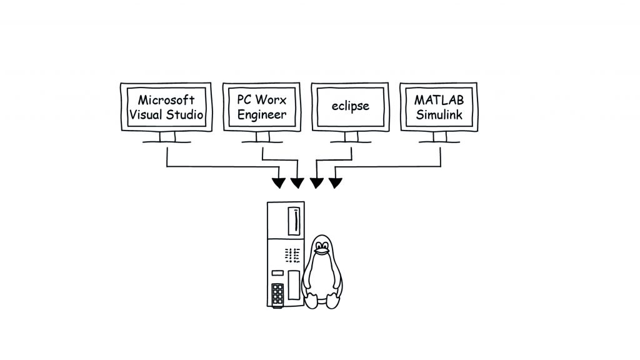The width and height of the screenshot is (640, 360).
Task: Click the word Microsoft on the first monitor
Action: click(x=166, y=99)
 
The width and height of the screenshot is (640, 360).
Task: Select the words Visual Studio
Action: click(x=166, y=114)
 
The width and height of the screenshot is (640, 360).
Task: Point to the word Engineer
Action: click(x=262, y=114)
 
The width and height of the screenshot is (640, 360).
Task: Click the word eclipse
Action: click(x=350, y=106)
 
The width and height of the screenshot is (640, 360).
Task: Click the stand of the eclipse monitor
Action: click(x=351, y=137)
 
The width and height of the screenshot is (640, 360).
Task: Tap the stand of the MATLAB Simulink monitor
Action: click(x=439, y=137)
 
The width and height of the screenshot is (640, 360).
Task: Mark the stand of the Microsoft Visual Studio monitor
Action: click(x=166, y=137)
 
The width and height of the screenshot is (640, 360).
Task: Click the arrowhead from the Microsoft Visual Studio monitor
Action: click(x=279, y=183)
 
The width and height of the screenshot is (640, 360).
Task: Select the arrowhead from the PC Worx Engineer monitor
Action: click(x=297, y=183)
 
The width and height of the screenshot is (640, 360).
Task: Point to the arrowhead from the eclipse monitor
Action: click(x=317, y=183)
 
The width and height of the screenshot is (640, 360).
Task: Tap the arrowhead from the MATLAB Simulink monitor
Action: click(x=336, y=183)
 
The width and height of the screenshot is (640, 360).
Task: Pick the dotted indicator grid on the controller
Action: click(x=292, y=254)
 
